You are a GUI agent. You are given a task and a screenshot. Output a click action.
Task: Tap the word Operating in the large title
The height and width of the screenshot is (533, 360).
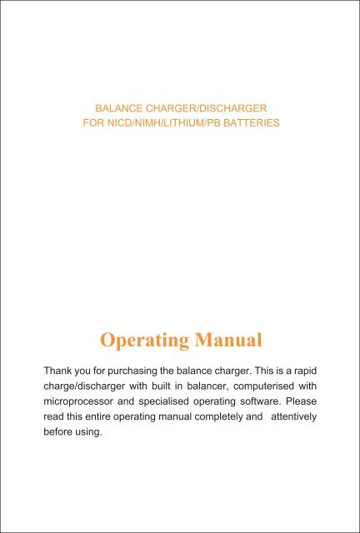pos(138,340)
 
